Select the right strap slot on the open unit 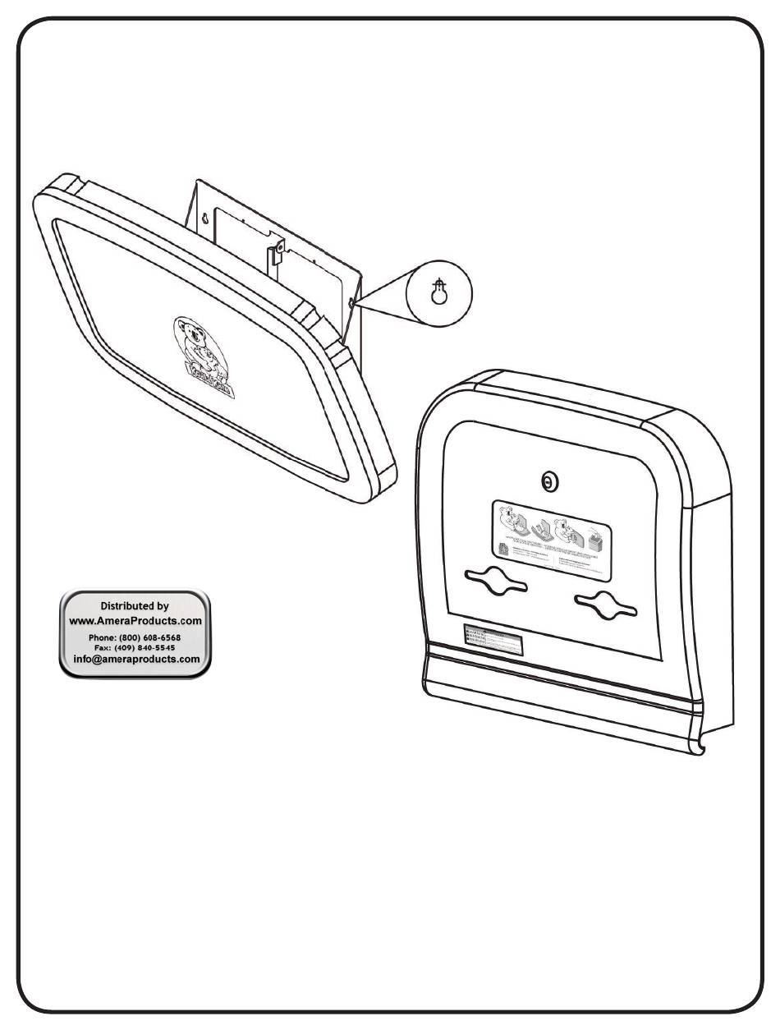point(605,606)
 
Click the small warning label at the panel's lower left point(492,640)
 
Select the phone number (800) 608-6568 point(153,637)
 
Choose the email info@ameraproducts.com point(136,659)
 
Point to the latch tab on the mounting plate point(278,247)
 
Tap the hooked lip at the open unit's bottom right point(700,747)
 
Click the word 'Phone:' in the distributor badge point(106,637)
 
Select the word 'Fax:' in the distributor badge point(107,647)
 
